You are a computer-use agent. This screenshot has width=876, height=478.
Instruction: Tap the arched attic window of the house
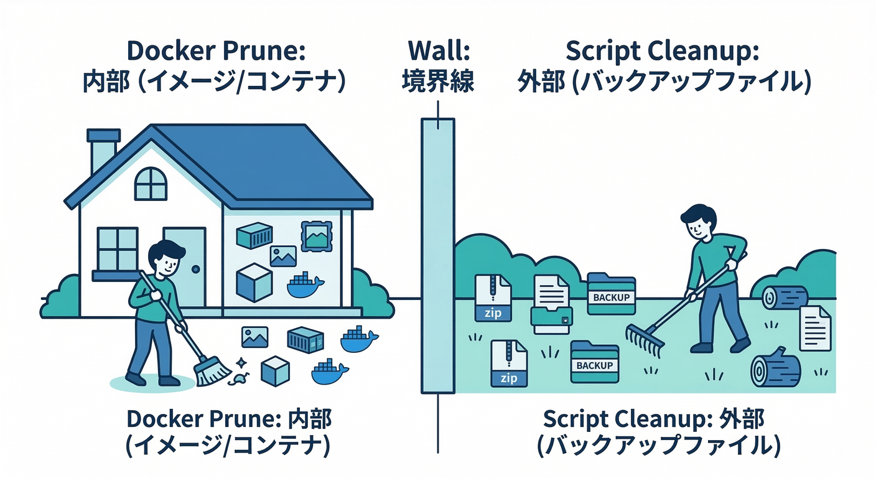tap(151, 184)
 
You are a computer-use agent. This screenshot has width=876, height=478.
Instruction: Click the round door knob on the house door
tap(196, 269)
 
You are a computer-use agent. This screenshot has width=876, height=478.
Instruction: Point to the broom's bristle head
tap(212, 373)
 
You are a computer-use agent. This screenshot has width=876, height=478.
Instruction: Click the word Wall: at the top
tap(439, 52)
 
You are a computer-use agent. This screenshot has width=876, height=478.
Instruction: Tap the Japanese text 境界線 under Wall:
tap(439, 82)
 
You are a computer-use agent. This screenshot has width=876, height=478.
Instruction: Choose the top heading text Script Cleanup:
tap(663, 52)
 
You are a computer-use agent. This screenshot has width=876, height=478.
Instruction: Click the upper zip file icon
tap(493, 298)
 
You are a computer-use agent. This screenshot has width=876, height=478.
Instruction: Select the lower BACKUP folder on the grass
tap(594, 362)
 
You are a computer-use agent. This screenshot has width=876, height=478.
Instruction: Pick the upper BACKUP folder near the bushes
tap(611, 294)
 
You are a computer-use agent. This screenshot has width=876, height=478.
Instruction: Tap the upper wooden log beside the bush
tap(785, 298)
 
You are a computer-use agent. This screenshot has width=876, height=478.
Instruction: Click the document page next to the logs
tap(815, 327)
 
